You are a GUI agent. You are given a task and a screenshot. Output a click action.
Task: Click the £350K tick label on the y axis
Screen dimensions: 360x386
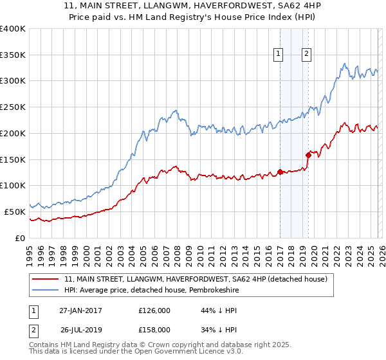(12, 55)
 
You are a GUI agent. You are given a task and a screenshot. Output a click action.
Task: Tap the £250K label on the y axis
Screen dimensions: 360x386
(12, 107)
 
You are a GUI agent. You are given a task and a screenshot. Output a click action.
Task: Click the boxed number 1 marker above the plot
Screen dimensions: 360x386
(279, 55)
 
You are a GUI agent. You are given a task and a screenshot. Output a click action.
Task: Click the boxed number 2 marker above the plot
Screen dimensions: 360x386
(307, 55)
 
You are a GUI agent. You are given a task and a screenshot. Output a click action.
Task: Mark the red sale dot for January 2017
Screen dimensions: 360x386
(280, 172)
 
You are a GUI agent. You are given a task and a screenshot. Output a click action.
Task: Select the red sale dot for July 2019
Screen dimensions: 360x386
(308, 155)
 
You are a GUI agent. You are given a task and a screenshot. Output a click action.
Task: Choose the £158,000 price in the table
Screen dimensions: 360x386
(154, 330)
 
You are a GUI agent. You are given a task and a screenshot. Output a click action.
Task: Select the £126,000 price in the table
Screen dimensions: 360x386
(154, 310)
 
